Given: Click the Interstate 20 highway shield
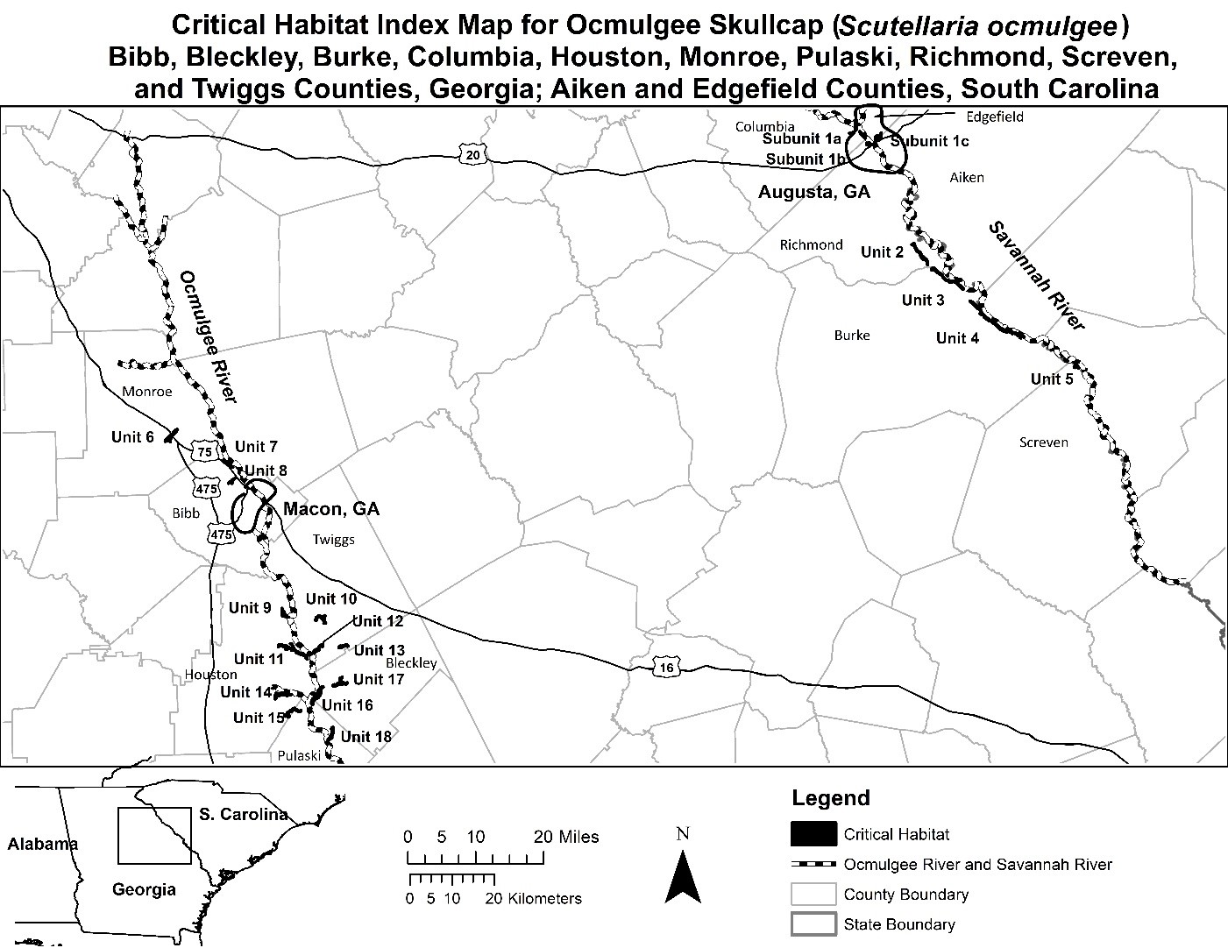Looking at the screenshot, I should (473, 155).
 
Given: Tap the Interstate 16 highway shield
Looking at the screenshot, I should (667, 668).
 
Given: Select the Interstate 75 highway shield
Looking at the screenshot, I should (205, 452).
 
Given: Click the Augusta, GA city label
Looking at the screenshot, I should (814, 191).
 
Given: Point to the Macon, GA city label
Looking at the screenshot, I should (331, 509).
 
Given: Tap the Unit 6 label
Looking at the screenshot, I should (132, 436).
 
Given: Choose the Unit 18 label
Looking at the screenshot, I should (366, 736).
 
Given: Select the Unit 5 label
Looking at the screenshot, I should (1051, 378).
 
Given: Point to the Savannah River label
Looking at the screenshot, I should (1037, 275).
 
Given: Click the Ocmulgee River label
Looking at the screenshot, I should (209, 336).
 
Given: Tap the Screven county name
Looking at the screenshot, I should (1043, 442).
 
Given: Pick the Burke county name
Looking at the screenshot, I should (852, 335).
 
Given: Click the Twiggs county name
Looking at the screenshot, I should (334, 540).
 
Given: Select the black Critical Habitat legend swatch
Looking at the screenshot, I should (814, 834).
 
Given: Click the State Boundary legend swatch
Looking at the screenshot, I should (814, 923).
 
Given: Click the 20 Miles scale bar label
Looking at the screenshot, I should (566, 837).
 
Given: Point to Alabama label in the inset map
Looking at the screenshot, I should (42, 845).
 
